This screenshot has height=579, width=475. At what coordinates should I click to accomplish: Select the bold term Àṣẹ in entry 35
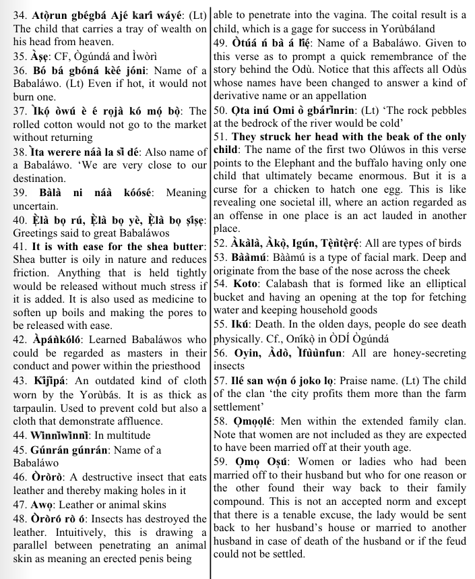[x=33, y=56]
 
